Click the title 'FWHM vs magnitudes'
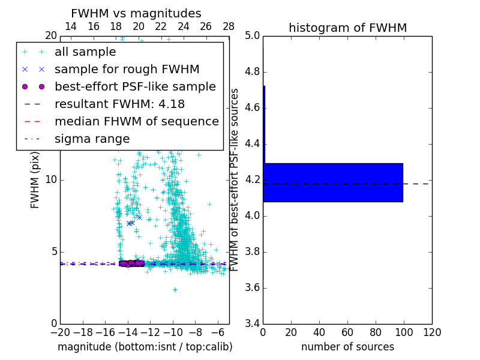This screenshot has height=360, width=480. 136,13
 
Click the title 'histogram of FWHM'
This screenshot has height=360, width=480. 347,28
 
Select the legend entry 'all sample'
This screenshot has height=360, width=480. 85,52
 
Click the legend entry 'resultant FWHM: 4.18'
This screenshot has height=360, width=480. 119,104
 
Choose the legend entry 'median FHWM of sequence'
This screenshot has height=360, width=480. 137,121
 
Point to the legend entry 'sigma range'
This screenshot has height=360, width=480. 92,139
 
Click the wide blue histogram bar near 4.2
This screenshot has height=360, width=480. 334,182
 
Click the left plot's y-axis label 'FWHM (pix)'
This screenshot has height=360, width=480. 35,179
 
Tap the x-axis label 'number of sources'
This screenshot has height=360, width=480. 347,347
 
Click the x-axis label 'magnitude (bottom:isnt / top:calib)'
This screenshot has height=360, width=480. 145,347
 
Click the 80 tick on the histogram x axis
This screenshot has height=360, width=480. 376,332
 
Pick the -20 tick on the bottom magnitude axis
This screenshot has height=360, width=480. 60,332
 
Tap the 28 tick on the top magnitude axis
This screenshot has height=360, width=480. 229,26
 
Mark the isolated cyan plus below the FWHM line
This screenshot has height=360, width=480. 175,289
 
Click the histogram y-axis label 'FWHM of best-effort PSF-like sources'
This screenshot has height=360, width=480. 235,179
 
